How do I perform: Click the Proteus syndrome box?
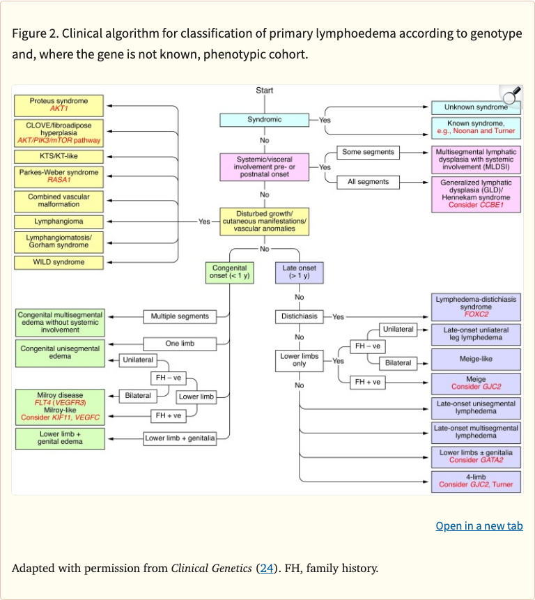pos(59,105)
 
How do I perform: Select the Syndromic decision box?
pos(264,120)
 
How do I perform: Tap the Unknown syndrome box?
pos(476,107)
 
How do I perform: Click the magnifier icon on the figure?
pos(511,95)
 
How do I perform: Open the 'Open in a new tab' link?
pos(479,525)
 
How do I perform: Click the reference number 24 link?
pos(266,568)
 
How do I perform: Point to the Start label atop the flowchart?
pos(265,91)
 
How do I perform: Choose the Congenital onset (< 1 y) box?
pos(228,272)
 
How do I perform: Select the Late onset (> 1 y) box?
pos(299,272)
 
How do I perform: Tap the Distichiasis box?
pos(299,316)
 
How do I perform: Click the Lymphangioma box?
pos(59,222)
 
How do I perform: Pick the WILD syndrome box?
pos(59,262)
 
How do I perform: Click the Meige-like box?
pos(476,360)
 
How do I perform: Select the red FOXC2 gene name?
pos(476,314)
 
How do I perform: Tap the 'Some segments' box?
pos(368,152)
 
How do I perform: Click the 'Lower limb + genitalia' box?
pos(180,438)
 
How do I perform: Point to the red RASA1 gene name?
pos(59,180)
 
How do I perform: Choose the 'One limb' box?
pos(180,344)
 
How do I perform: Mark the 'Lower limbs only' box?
pos(299,360)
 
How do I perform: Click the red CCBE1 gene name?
pos(491,205)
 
